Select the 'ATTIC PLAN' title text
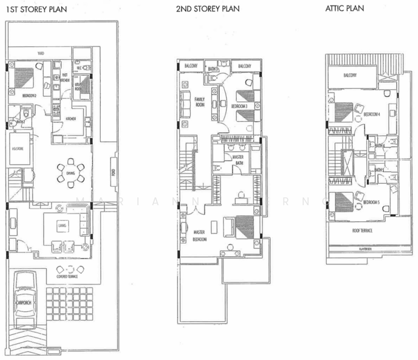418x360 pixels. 344,10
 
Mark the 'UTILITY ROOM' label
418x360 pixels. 78,88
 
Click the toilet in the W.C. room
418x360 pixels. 87,68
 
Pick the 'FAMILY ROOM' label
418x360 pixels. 199,102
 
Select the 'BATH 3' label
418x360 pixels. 213,69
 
